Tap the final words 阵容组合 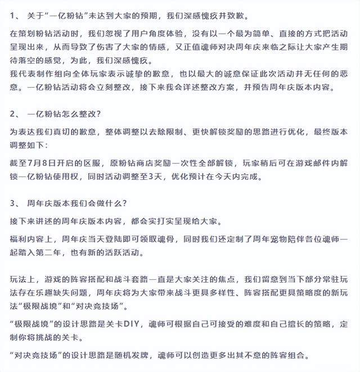pyautogui.click(x=294, y=356)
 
